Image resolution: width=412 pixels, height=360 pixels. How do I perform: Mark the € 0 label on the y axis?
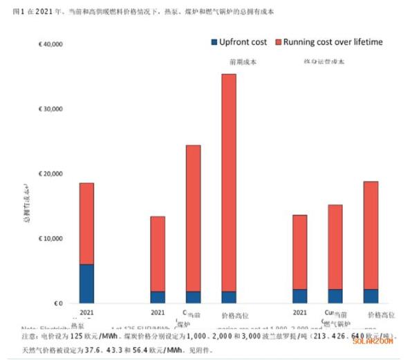tap(59, 303)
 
